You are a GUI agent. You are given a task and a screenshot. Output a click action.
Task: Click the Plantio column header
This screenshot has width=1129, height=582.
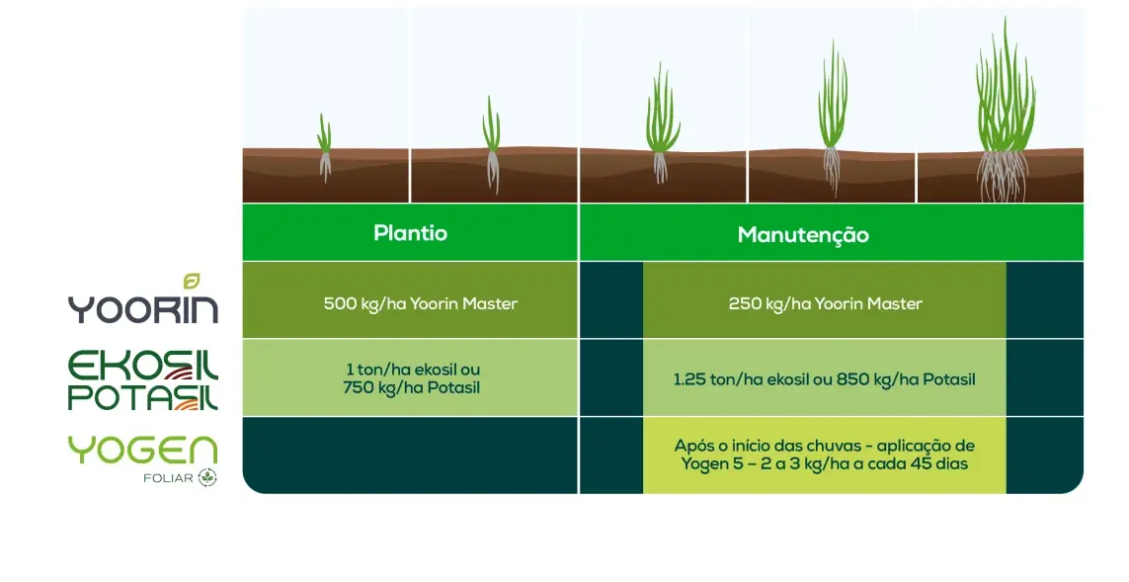(411, 232)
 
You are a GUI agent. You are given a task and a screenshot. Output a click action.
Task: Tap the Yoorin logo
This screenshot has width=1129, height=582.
(143, 300)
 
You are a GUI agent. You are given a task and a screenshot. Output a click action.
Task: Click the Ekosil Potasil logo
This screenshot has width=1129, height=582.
(143, 380)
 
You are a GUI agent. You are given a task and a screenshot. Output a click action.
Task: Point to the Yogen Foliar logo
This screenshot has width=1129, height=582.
(143, 459)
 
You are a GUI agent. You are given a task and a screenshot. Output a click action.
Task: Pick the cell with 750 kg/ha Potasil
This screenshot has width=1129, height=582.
(411, 377)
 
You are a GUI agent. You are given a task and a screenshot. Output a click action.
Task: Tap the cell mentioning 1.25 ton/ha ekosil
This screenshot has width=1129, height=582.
(825, 377)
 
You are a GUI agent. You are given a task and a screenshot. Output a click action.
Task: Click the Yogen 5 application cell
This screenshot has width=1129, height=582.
(825, 456)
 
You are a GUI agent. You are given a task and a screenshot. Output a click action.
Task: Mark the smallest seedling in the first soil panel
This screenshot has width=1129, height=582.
(325, 147)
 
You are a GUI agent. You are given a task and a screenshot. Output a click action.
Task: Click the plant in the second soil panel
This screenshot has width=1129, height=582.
(492, 144)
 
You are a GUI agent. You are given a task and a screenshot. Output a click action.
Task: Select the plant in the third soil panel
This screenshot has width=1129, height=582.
(662, 123)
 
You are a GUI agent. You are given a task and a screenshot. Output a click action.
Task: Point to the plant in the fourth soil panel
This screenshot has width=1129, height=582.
(833, 119)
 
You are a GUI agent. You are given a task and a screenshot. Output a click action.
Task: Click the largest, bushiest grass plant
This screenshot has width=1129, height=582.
(1005, 108)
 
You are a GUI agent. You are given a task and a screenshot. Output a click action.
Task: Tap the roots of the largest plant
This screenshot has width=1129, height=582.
(1003, 177)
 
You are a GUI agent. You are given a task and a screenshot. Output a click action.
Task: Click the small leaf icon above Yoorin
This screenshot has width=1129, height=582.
(192, 281)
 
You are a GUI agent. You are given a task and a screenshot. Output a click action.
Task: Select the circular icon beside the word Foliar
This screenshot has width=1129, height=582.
(208, 477)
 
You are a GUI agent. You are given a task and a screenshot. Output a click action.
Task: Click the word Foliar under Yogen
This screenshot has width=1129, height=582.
(169, 478)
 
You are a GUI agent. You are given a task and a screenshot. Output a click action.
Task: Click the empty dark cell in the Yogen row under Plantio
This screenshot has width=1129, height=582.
(411, 456)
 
